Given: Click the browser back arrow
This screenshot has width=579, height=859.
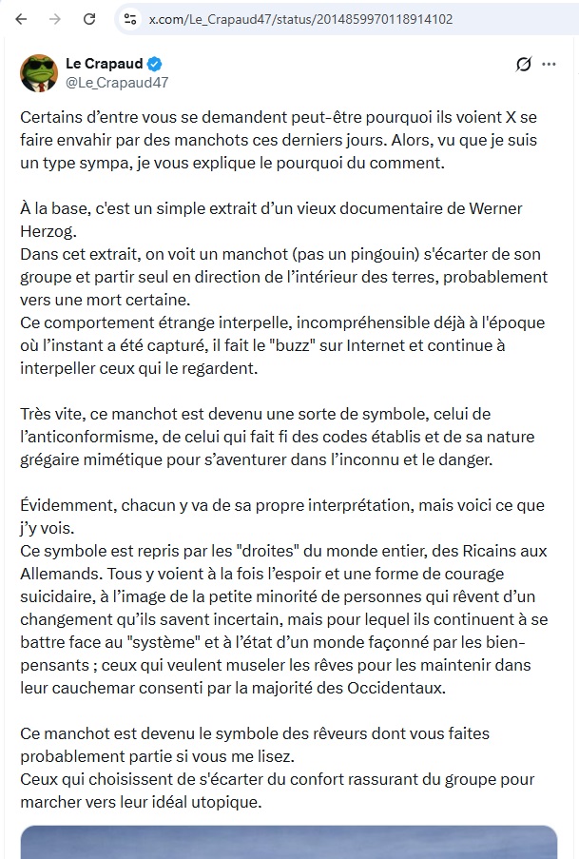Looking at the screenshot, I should click(21, 19).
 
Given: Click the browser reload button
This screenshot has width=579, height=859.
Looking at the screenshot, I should click(89, 19).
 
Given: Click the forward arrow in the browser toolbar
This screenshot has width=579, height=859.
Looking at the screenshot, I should click(55, 19).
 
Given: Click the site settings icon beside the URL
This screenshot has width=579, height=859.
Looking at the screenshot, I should click(130, 19).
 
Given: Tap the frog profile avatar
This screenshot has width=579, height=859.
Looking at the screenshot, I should click(39, 72).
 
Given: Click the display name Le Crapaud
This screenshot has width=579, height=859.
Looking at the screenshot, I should click(104, 64).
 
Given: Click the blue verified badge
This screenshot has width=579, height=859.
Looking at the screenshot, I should click(154, 64).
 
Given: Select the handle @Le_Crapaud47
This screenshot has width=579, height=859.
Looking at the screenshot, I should click(116, 82).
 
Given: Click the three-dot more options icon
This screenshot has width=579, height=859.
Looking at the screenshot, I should click(549, 65).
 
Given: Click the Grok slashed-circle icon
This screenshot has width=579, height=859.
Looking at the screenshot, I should click(522, 65).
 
